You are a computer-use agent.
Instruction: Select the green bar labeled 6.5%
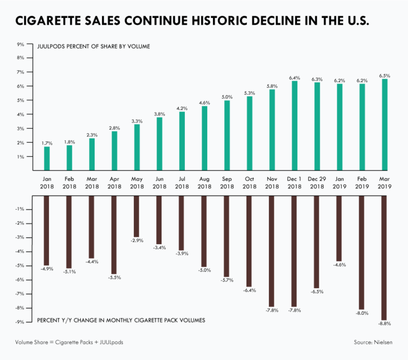(384, 125)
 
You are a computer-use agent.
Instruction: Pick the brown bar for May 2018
(137, 216)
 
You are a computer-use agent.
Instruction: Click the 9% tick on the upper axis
(21, 44)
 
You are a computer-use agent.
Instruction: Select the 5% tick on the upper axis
(21, 100)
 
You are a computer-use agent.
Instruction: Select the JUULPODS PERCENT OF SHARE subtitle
(93, 46)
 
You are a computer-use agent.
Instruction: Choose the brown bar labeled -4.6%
(339, 227)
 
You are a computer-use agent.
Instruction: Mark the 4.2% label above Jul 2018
(182, 108)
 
